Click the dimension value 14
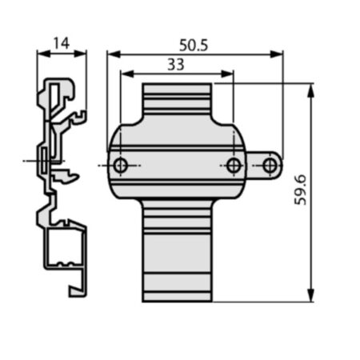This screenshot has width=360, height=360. point(62,43)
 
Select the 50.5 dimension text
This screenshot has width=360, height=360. point(194,45)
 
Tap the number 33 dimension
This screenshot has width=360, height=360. point(176,65)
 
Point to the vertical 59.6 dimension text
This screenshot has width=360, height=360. point(300,190)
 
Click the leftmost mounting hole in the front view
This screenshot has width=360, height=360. point(120,166)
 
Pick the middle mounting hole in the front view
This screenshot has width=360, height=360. point(234,166)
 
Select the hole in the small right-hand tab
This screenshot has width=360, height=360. point(270,166)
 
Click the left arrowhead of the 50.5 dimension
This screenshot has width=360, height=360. point(114,54)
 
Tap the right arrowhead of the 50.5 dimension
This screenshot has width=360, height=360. point(276,54)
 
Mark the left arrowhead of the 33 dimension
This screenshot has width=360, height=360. point(127,74)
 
